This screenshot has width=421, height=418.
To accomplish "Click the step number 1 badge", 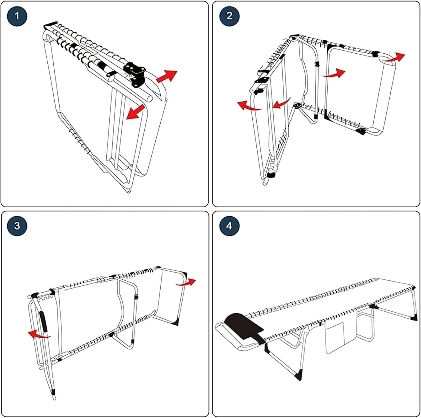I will pyautogui.click(x=17, y=16).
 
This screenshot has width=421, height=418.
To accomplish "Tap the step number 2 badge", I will pyautogui.click(x=229, y=16).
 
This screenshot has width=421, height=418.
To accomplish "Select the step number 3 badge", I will pyautogui.click(x=17, y=226).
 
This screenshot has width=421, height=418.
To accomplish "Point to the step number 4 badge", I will pyautogui.click(x=229, y=226).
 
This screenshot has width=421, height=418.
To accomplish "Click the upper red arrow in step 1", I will pyautogui.click(x=167, y=76).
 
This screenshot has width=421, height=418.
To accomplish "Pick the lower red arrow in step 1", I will pyautogui.click(x=136, y=112).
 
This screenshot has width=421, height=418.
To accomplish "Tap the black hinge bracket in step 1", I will pyautogui.click(x=136, y=74).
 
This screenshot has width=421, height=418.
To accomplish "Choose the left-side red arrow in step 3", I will pyautogui.click(x=39, y=335).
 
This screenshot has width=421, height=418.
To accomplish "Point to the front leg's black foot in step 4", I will pyautogui.click(x=298, y=376).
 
